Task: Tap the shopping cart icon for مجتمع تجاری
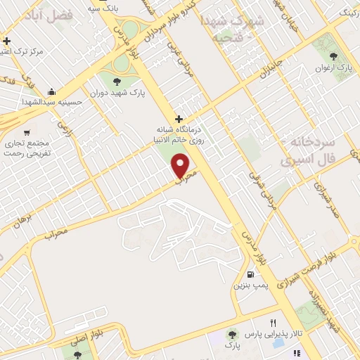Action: [x=27, y=132]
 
